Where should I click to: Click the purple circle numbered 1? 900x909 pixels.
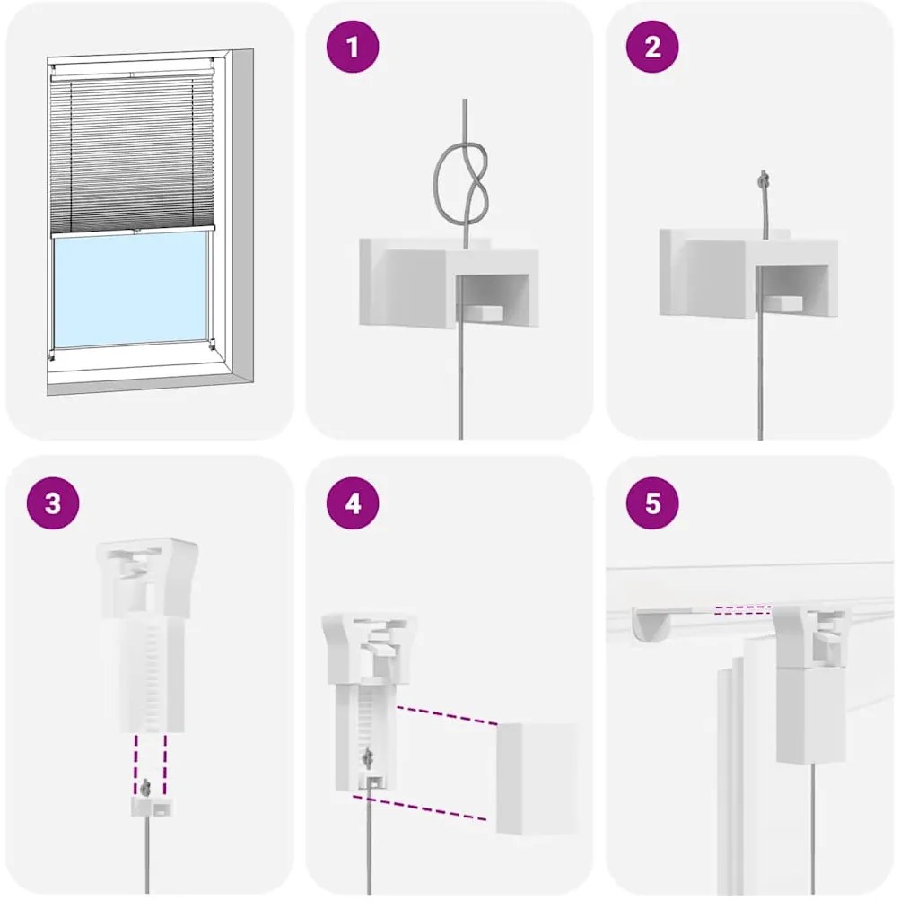pyautogui.click(x=353, y=47)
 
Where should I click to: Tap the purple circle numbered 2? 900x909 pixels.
pyautogui.click(x=652, y=47)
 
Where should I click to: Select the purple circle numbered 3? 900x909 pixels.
pyautogui.click(x=53, y=503)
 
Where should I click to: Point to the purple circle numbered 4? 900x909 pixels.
pyautogui.click(x=353, y=503)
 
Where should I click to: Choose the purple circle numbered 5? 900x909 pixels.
pyautogui.click(x=652, y=503)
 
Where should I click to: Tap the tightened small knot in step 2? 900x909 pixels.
pyautogui.click(x=765, y=179)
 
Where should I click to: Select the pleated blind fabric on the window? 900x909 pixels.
pyautogui.click(x=133, y=153)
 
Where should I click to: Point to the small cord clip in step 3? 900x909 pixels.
pyautogui.click(x=153, y=803)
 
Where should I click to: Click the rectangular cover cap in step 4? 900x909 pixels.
pyautogui.click(x=537, y=778)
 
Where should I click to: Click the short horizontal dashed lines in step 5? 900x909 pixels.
pyautogui.click(x=742, y=609)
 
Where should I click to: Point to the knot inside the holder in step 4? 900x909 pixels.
pyautogui.click(x=367, y=758)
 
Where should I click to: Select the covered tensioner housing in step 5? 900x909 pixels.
pyautogui.click(x=810, y=716)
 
